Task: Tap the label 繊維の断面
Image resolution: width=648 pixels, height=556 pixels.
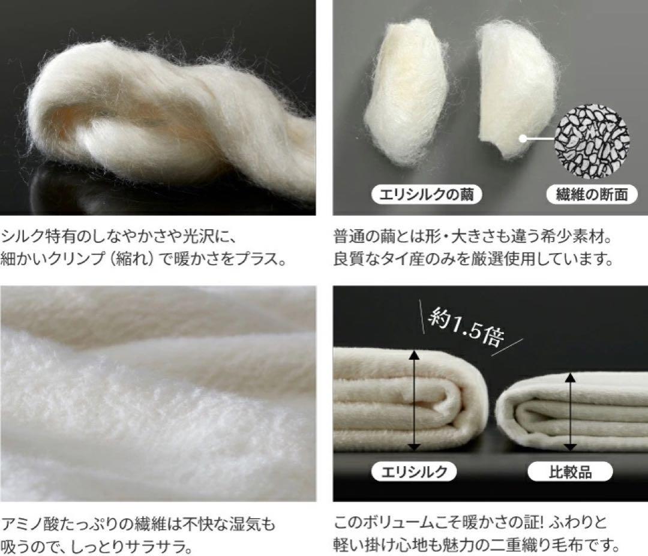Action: pos(590,194)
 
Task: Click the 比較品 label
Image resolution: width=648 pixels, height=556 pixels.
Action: pos(569,471)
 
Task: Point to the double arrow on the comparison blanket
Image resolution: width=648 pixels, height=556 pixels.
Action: pos(569,413)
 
